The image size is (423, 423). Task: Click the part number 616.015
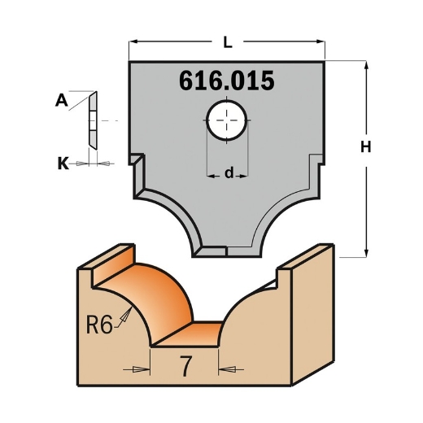pos(225,82)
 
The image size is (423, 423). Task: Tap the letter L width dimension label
pos(228,38)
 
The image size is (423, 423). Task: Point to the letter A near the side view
pos(61,101)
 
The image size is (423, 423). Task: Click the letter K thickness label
pos(63,164)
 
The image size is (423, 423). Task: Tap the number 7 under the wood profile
pos(185,368)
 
